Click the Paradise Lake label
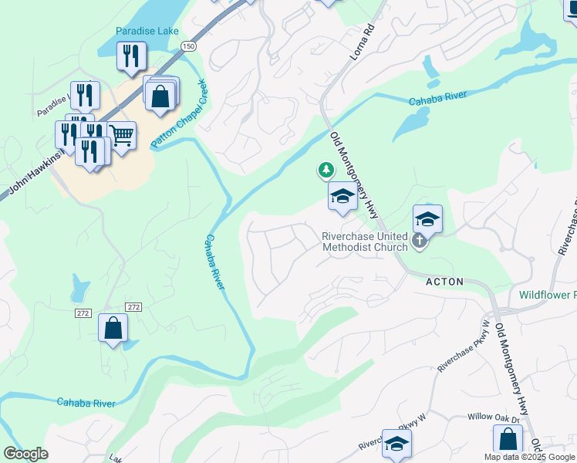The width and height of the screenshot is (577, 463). pos(147,32)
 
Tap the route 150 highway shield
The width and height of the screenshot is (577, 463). pos(188,47)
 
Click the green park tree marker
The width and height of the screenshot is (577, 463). pos(326,169)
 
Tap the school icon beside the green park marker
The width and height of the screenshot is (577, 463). pos(342,198)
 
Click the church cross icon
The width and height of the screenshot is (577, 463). pos(420,242)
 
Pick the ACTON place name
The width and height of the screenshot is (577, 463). pos(445,282)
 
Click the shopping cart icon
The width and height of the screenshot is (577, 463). pos(122,137)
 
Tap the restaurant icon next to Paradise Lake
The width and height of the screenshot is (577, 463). pos(130,56)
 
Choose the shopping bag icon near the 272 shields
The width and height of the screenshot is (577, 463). pos(113,328)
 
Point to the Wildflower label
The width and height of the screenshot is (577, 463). pos(547,295)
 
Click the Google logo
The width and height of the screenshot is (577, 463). pos(26,454)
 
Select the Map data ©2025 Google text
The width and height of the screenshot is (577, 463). pos(529,457)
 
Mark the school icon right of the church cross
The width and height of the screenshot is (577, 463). pos(427,219)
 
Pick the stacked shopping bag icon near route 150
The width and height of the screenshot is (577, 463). pos(160,96)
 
